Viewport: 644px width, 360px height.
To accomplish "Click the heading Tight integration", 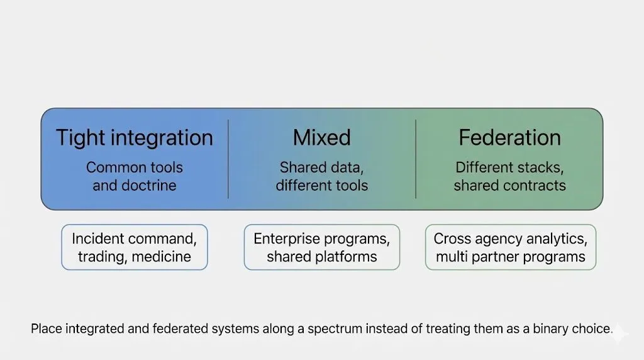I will (x=135, y=138).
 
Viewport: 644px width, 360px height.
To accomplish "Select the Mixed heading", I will (x=321, y=138).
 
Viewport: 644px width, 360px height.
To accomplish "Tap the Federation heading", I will (x=509, y=138).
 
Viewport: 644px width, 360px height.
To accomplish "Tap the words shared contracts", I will (x=509, y=186).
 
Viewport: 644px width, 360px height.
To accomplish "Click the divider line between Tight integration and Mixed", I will (x=228, y=159).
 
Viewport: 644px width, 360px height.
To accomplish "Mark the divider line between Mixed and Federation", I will (x=416, y=159).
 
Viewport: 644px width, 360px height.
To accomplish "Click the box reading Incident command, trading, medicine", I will (x=134, y=247).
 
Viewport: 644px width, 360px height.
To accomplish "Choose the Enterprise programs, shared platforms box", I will (x=321, y=247).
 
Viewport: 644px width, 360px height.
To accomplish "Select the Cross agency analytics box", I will (x=510, y=247).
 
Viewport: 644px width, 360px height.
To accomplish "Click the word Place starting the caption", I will (x=45, y=329).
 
